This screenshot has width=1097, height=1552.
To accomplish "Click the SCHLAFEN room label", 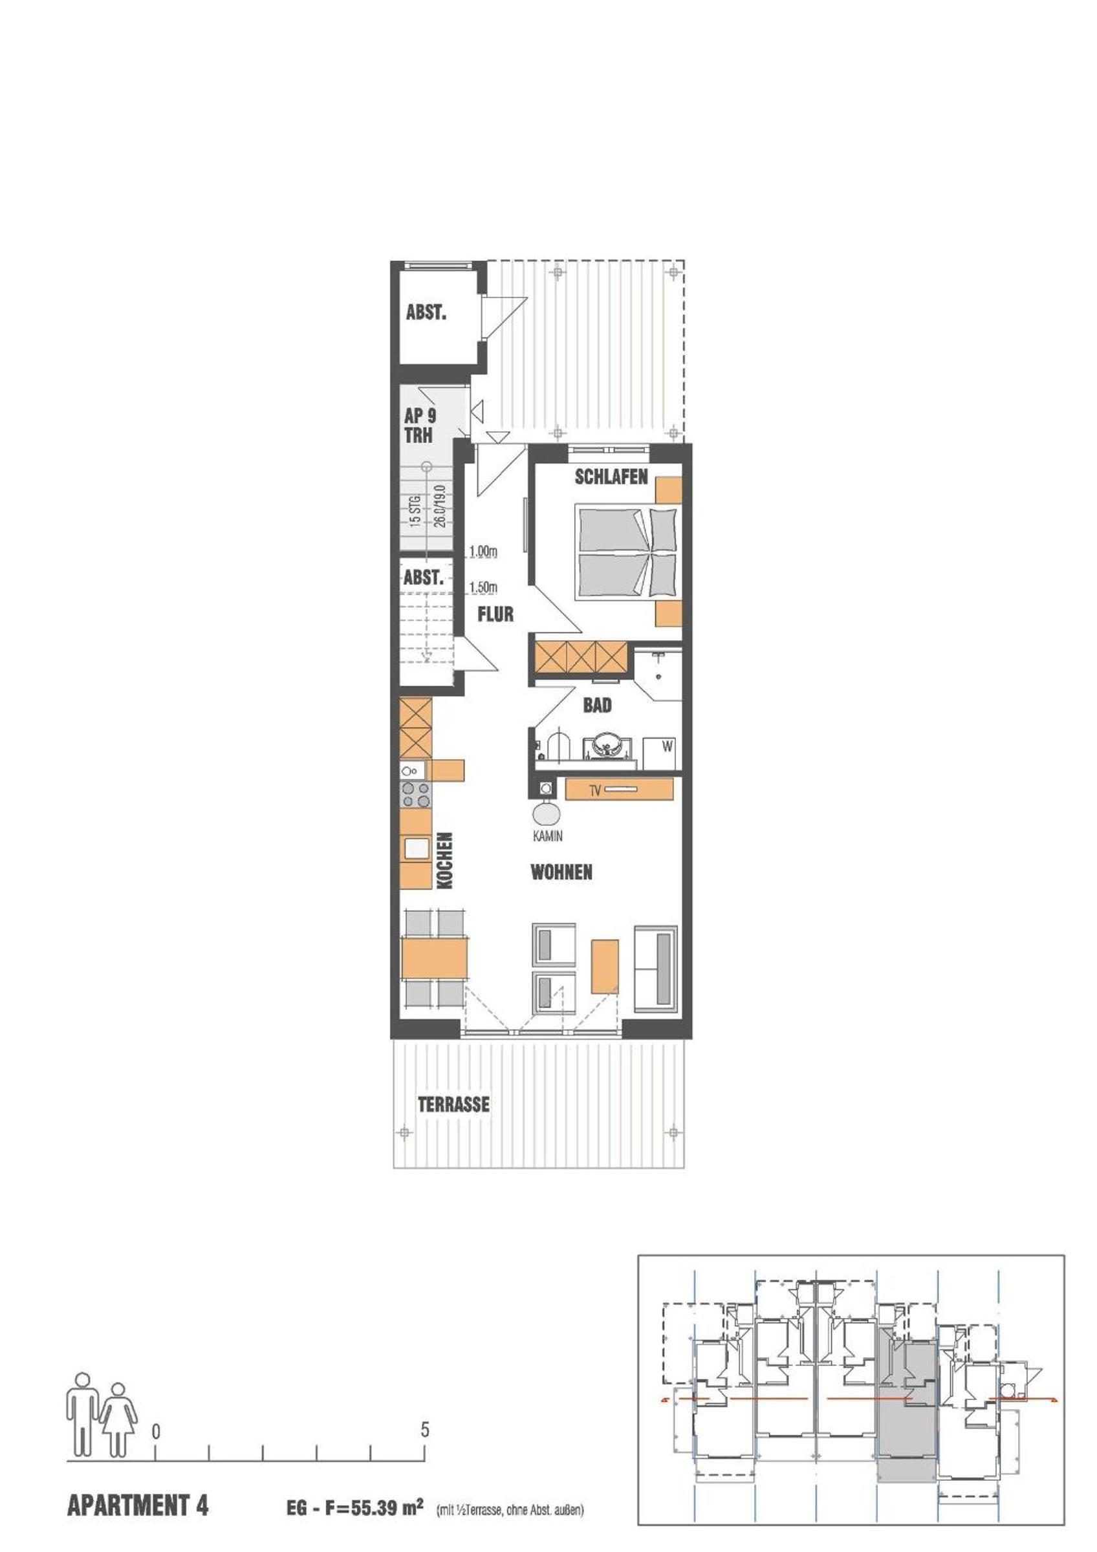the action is pyautogui.click(x=611, y=477).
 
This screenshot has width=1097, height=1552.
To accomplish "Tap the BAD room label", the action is pyautogui.click(x=597, y=705).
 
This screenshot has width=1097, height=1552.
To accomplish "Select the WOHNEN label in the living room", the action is pyautogui.click(x=561, y=872).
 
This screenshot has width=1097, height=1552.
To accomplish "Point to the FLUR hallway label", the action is pyautogui.click(x=495, y=614).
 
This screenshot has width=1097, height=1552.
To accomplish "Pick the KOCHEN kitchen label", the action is pyautogui.click(x=444, y=861).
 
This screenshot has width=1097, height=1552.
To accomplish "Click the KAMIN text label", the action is pyautogui.click(x=547, y=836).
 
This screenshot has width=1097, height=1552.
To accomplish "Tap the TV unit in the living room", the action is pyautogui.click(x=619, y=789).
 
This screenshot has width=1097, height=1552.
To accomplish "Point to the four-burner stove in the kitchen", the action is pyautogui.click(x=416, y=795).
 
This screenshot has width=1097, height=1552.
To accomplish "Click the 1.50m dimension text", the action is pyautogui.click(x=483, y=587).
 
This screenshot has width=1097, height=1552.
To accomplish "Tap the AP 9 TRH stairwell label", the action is pyautogui.click(x=420, y=425).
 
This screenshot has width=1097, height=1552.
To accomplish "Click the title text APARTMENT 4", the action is pyautogui.click(x=138, y=1505).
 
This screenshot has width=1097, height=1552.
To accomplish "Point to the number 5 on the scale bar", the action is pyautogui.click(x=424, y=1429).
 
